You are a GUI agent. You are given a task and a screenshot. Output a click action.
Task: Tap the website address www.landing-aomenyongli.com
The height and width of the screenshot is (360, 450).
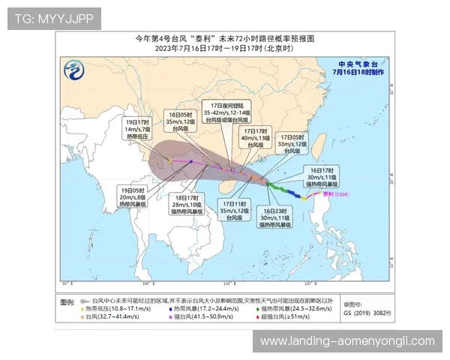coord(347,341)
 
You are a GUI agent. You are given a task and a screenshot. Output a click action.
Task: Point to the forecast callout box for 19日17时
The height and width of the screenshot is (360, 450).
coord(138,129)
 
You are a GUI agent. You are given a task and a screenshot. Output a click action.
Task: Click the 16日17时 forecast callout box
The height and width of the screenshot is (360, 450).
coord(321,177)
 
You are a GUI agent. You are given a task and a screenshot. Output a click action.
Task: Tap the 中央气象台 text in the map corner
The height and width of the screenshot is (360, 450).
coord(355,64)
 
